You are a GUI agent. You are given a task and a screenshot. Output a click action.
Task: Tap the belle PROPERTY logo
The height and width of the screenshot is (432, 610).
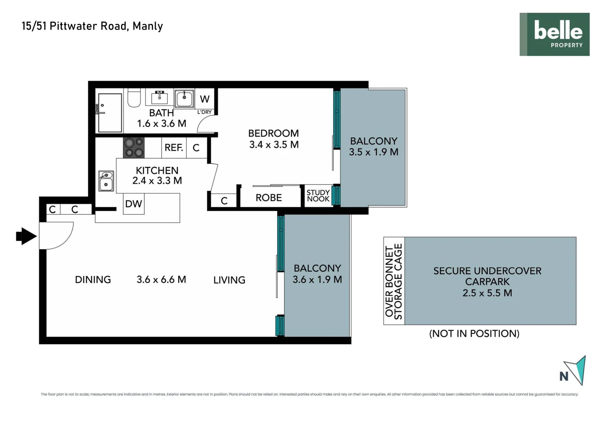[554, 34]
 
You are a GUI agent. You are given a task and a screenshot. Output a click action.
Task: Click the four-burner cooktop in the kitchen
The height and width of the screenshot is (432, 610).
[133, 148]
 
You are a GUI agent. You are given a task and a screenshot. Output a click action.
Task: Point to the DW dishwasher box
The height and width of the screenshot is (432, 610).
[133, 204]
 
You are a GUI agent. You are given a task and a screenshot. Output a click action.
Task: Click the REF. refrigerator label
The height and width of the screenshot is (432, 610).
[174, 148]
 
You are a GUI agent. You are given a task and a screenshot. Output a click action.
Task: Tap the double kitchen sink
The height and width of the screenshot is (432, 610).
[106, 181]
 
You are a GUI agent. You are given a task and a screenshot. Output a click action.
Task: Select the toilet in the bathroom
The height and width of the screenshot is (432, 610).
[134, 98]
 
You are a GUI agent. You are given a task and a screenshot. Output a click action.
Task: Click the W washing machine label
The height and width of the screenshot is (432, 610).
[205, 99]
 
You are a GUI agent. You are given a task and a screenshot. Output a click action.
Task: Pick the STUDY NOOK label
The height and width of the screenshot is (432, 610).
[318, 196]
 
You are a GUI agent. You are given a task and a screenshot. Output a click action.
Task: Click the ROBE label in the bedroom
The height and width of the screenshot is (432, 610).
[268, 198]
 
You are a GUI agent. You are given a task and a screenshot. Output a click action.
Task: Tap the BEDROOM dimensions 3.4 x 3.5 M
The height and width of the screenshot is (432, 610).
[274, 145]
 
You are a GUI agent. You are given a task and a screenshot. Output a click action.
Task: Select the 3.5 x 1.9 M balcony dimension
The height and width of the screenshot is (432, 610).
[374, 152]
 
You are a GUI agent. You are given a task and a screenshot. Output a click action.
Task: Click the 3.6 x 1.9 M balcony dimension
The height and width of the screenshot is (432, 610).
[317, 280]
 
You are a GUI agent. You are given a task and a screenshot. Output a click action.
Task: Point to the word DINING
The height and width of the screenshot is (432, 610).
[93, 280]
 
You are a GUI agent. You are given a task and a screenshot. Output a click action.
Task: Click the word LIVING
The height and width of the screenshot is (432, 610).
[229, 280]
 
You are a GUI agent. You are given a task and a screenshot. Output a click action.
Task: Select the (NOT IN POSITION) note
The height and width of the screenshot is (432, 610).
[474, 334]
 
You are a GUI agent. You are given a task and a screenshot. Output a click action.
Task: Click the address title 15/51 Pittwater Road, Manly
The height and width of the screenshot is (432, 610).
[92, 26]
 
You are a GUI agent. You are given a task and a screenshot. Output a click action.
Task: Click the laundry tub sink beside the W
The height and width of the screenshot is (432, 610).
[184, 98]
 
